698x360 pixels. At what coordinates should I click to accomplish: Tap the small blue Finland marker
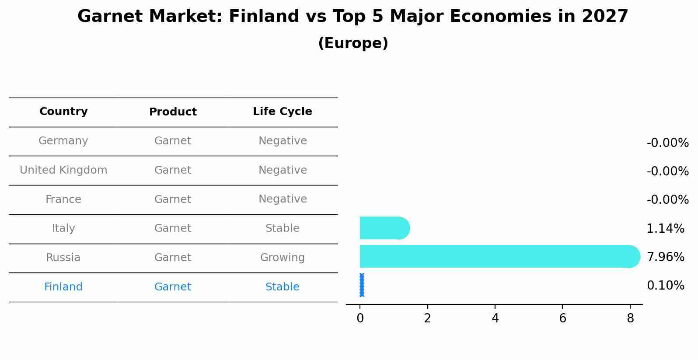point(362,285)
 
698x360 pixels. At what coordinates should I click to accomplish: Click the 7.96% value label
point(665,257)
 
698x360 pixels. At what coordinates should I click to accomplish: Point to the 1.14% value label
point(665,228)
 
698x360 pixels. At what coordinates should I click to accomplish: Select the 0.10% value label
point(665,286)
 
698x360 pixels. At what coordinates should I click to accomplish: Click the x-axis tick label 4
point(495,318)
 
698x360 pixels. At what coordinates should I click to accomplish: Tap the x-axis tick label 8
point(630,318)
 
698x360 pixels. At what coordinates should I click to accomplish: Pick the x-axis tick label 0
point(360,318)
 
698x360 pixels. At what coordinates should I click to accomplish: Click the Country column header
point(63,112)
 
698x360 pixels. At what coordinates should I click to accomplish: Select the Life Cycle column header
point(282,112)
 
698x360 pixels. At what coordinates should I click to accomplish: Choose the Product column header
point(173,112)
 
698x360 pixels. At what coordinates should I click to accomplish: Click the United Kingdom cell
point(63,170)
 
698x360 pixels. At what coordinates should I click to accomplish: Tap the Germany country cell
point(63,141)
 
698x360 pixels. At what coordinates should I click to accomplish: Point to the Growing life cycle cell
point(282,258)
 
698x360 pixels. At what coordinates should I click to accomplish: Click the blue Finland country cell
point(63,287)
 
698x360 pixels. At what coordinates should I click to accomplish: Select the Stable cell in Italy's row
point(282,228)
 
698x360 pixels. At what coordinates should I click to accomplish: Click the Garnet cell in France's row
point(173,199)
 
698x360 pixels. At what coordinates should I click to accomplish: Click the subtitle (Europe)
point(353,43)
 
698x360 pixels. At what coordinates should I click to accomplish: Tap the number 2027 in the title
point(605,17)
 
